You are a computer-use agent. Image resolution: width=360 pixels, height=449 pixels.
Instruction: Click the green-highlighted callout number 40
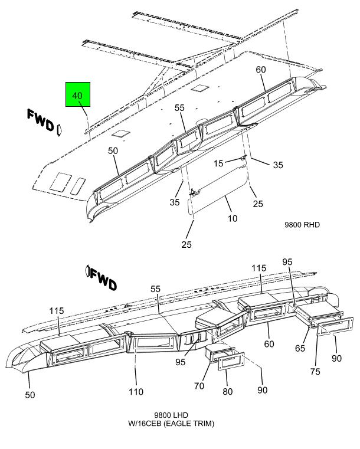click(x=77, y=95)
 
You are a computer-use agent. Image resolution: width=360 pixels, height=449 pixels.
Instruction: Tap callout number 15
click(x=218, y=163)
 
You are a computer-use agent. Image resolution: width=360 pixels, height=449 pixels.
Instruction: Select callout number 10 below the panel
click(x=233, y=218)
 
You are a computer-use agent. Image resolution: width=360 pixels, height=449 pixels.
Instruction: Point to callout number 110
click(x=137, y=391)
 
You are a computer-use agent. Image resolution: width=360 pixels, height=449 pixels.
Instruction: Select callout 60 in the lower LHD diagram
click(x=269, y=344)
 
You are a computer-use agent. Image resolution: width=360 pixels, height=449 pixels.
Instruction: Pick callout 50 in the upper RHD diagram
click(x=113, y=151)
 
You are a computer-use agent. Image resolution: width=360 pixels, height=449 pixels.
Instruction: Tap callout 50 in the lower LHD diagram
click(x=30, y=395)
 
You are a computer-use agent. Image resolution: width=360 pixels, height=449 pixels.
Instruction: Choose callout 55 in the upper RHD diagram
click(x=179, y=108)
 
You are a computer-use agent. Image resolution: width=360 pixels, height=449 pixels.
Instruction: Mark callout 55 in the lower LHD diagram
click(x=156, y=290)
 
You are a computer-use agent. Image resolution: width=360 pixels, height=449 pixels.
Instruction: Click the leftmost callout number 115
click(x=57, y=311)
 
